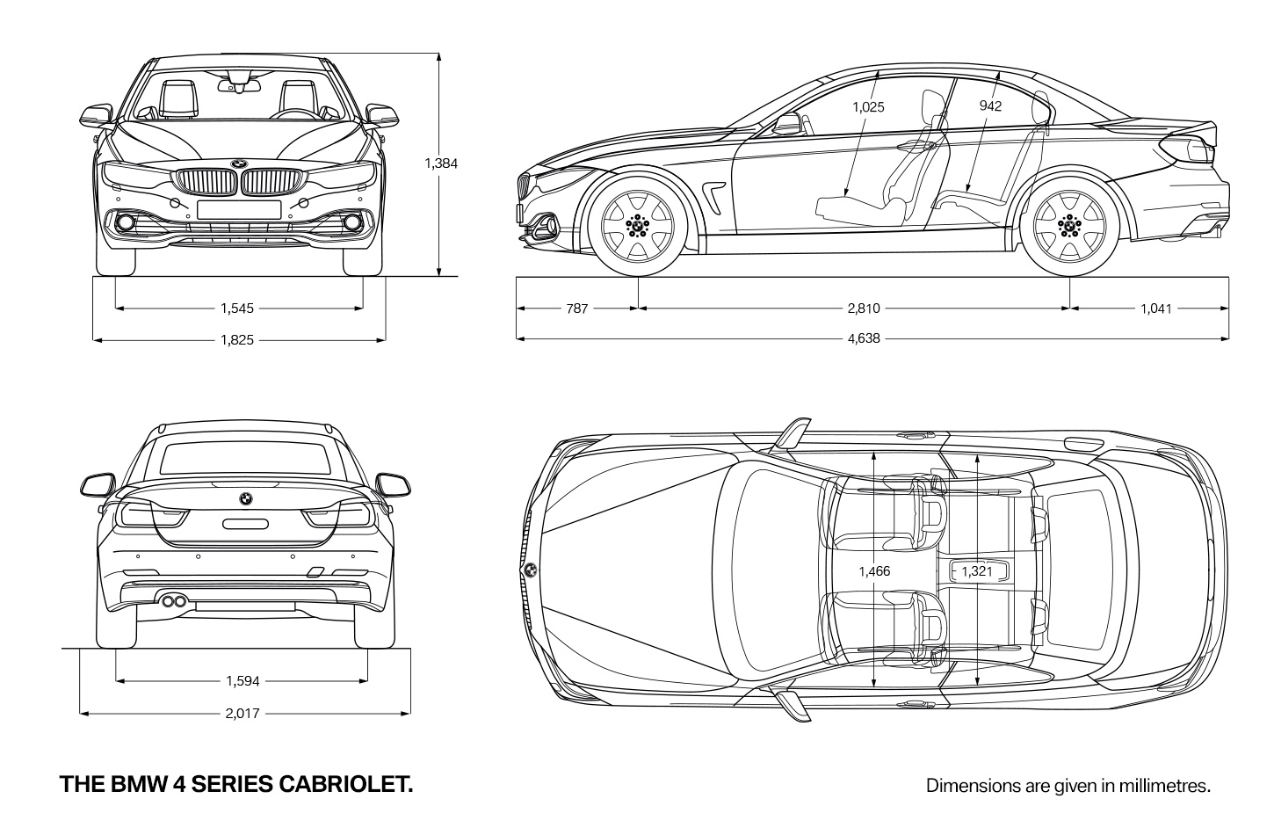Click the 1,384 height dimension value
tap(441, 163)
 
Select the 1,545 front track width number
tap(237, 309)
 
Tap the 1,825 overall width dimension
tap(237, 340)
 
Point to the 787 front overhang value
tap(576, 309)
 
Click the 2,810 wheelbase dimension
tap(864, 309)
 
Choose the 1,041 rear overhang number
tap(1155, 309)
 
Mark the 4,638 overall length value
tap(864, 338)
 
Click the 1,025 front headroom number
tap(868, 107)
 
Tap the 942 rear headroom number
tap(990, 105)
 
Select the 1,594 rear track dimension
tap(242, 681)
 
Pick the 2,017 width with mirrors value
tap(242, 714)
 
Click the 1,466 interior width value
tap(874, 571)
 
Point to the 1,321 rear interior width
tap(976, 571)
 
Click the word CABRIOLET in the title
tap(346, 784)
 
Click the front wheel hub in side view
tap(638, 226)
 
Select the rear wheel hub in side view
tap(1069, 226)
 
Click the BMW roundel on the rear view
tap(246, 499)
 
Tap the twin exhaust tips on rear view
tap(174, 600)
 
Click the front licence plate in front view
tap(239, 209)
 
